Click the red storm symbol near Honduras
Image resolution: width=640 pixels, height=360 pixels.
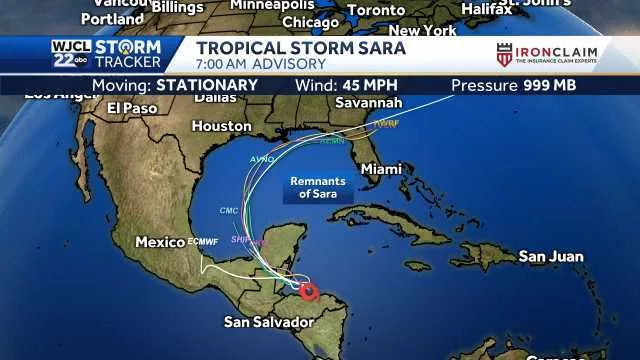(309, 291)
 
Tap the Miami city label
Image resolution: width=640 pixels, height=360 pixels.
(380, 169)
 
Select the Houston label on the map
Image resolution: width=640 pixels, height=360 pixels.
(221, 127)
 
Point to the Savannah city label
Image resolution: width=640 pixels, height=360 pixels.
(369, 103)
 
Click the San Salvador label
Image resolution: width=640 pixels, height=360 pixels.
(268, 322)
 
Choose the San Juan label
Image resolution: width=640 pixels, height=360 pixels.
(550, 257)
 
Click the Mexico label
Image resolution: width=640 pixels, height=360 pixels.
(160, 242)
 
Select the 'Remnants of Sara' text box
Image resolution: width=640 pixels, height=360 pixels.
(319, 187)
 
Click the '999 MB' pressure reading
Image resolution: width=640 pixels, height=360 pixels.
(551, 85)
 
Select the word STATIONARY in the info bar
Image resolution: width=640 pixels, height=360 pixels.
(206, 85)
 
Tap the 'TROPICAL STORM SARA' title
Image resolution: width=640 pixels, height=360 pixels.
(300, 48)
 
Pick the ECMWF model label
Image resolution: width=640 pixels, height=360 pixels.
(203, 243)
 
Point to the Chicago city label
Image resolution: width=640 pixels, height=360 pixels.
(310, 22)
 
